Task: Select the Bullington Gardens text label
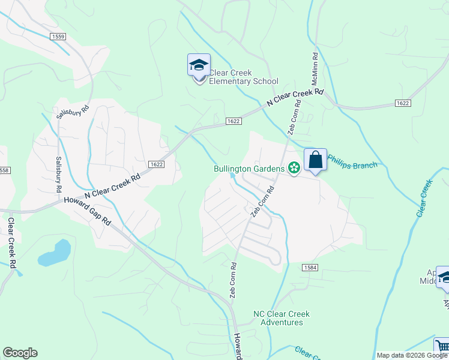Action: (249, 169)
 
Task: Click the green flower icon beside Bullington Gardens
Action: (294, 169)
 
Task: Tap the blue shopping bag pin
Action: (315, 160)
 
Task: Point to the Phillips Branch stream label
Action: (352, 166)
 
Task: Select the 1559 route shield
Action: (58, 37)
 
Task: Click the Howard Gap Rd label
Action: (88, 211)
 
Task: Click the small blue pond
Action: (55, 253)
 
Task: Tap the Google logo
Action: (20, 353)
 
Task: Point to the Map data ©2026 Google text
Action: (411, 355)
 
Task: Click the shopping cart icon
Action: (442, 346)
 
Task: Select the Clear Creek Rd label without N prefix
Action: (11, 242)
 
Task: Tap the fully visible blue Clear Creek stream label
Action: (424, 198)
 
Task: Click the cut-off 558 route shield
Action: (5, 170)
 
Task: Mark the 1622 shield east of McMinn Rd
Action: (403, 103)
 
